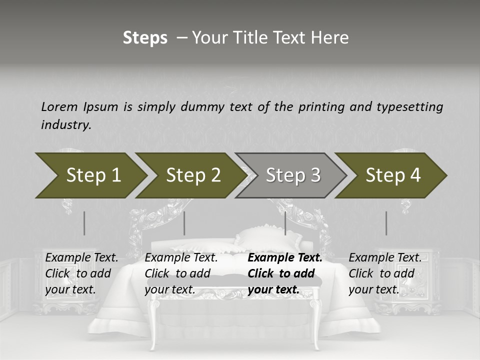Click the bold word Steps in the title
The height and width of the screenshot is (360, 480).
click(x=145, y=38)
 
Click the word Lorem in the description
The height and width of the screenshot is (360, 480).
click(x=58, y=106)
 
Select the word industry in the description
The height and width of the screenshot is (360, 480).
click(x=66, y=124)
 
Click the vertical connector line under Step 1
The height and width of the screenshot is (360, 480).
click(x=84, y=223)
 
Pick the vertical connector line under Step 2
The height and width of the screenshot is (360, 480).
click(x=184, y=223)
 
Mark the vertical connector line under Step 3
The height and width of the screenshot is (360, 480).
click(x=285, y=223)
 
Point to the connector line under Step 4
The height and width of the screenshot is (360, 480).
click(x=386, y=223)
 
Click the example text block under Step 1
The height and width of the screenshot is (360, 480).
click(x=81, y=273)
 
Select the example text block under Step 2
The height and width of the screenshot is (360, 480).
click(x=181, y=273)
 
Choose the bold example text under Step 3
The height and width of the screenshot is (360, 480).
click(x=284, y=273)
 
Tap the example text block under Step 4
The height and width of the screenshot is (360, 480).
click(x=384, y=273)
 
